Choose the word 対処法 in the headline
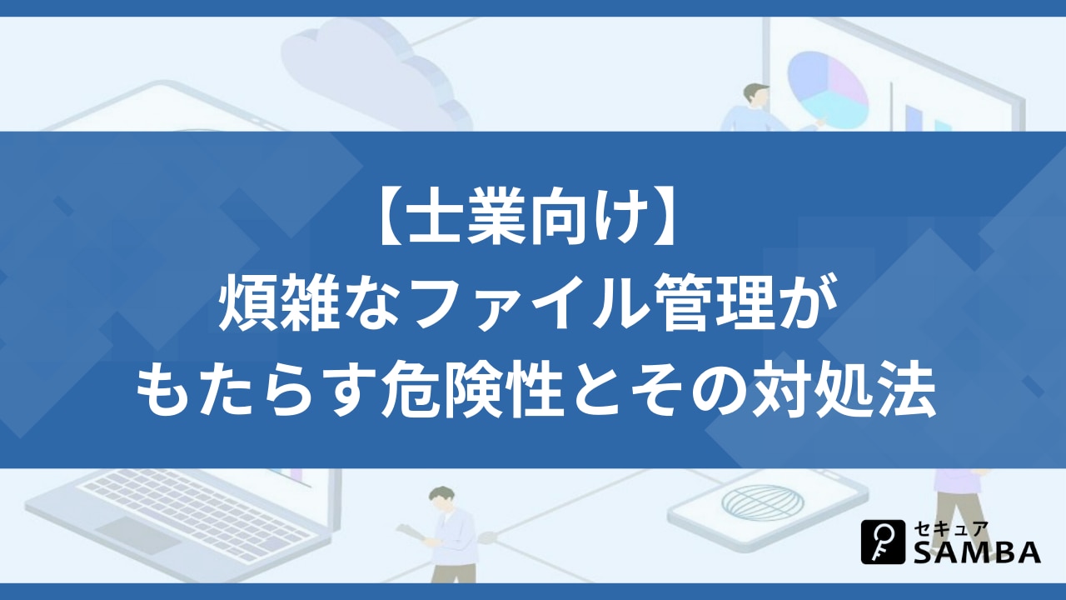pyautogui.click(x=844, y=390)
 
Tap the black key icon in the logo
pyautogui.click(x=884, y=542)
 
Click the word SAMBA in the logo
pyautogui.click(x=977, y=552)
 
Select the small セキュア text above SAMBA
pyautogui.click(x=950, y=529)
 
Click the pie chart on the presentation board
pyautogui.click(x=827, y=91)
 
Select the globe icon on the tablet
pyautogui.click(x=762, y=502)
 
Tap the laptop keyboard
pyautogui.click(x=196, y=513)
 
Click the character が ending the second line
pyautogui.click(x=809, y=304)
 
